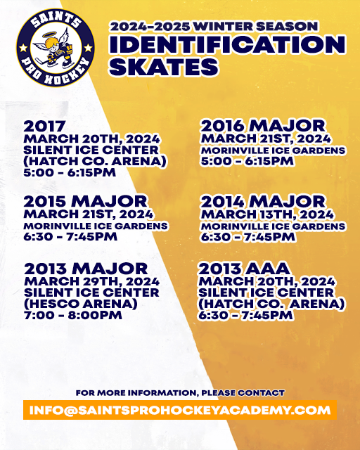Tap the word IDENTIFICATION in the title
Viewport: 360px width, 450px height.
[226, 44]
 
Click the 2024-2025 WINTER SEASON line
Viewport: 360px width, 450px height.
[214, 26]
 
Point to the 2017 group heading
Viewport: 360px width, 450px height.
[44, 126]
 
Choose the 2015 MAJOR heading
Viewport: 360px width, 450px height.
[85, 202]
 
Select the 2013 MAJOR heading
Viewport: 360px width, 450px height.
[86, 269]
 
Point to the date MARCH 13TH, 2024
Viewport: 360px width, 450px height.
[267, 214]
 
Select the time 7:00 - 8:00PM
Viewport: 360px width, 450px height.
[73, 315]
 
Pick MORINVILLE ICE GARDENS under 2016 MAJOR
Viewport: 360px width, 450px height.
[273, 150]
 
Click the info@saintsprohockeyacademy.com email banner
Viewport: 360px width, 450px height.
[180, 409]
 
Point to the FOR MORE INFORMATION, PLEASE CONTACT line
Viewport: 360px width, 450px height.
[180, 392]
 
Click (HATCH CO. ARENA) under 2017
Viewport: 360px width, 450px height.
[95, 161]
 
